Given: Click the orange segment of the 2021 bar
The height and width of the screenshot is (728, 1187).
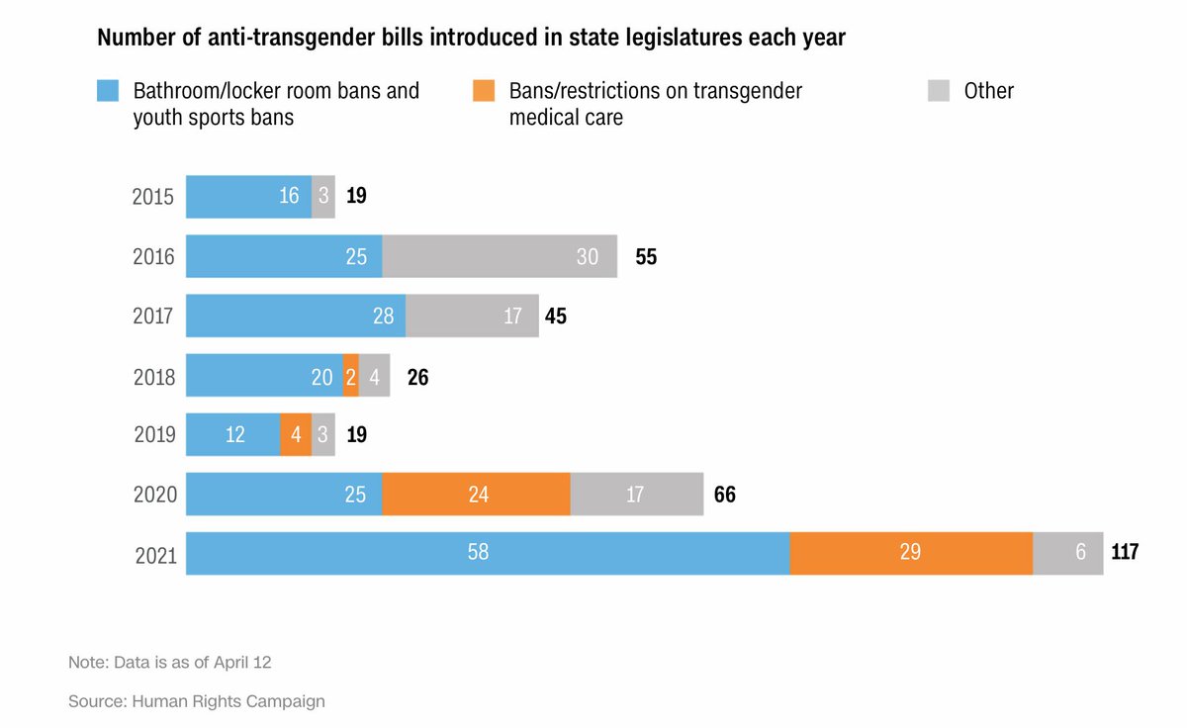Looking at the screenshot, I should pos(911,553).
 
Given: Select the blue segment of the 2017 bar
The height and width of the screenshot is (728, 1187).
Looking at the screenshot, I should pos(296,316).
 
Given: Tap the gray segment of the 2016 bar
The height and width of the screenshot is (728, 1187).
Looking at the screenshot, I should pos(500,256).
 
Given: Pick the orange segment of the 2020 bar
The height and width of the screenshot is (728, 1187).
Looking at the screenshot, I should pos(476,494).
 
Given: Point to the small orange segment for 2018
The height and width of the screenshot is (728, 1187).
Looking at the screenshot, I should pos(351,375).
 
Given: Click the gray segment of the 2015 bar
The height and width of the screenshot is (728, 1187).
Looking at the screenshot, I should pos(323,197).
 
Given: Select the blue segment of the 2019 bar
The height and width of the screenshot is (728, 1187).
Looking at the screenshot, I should pos(233,434).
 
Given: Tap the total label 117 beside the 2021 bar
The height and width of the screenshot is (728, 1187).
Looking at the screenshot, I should pos(1125,552).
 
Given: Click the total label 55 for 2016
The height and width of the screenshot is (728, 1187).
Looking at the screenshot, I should pos(646,257).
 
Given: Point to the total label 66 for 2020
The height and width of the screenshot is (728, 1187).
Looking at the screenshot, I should pos(724,494).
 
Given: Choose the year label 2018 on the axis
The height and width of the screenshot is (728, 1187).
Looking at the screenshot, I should pos(154,377).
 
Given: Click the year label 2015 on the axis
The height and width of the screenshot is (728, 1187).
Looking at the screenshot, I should pos(153,197).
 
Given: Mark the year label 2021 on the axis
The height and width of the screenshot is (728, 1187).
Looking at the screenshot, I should pos(155,555).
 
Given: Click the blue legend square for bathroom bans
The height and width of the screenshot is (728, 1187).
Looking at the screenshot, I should pos(108,91).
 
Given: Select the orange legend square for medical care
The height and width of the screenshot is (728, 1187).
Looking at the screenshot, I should pos(484,91).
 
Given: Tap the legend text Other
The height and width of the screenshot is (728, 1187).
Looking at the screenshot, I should pos(988,91).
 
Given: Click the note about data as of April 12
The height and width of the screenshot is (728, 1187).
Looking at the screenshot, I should pos(169,662).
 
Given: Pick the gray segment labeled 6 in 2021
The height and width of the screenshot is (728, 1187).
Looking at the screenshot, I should pos(1068,553).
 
